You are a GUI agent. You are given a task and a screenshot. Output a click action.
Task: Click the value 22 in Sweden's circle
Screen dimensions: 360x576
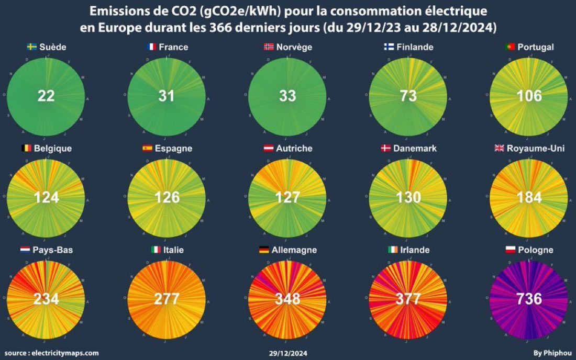[x=46, y=96]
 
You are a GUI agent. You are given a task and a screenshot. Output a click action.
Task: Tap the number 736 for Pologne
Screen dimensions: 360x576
[x=528, y=299]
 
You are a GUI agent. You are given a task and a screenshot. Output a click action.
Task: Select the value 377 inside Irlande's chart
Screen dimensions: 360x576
[x=408, y=299]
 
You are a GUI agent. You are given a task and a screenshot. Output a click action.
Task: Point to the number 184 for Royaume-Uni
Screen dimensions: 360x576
[x=528, y=197]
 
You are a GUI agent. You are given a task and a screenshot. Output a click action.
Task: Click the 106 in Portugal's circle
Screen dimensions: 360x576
[x=528, y=96]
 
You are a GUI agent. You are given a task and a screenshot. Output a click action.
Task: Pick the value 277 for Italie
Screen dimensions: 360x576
[x=167, y=299]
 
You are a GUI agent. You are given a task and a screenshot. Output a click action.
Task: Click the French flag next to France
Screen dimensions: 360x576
[x=152, y=47]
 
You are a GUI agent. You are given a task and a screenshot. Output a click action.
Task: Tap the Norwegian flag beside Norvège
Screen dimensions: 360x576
[x=269, y=47]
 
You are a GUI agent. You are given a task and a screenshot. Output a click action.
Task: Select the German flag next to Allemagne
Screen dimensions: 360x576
[x=264, y=250]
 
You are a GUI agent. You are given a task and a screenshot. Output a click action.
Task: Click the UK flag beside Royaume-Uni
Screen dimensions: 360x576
[x=499, y=149]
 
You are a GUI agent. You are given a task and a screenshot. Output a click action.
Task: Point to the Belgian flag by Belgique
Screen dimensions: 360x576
[x=26, y=149]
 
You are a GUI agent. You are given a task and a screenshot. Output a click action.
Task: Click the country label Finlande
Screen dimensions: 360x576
[x=415, y=47]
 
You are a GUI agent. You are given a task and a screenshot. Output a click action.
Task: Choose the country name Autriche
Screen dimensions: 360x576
[x=294, y=149]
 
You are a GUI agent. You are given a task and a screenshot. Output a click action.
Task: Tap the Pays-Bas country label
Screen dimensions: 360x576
[x=53, y=250]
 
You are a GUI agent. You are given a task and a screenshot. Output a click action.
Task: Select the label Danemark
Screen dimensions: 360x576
[x=415, y=149]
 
